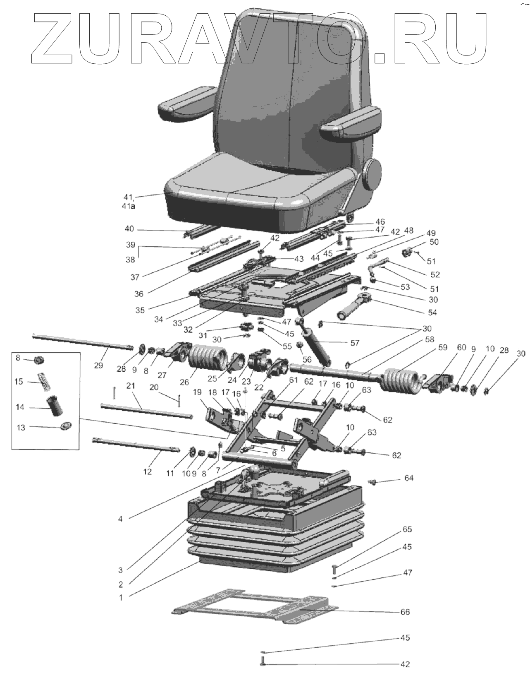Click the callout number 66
(x=406, y=612)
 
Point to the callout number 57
(x=354, y=343)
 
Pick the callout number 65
(x=407, y=529)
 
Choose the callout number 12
(x=148, y=471)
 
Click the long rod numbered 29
(x=83, y=342)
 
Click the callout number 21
(x=131, y=386)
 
